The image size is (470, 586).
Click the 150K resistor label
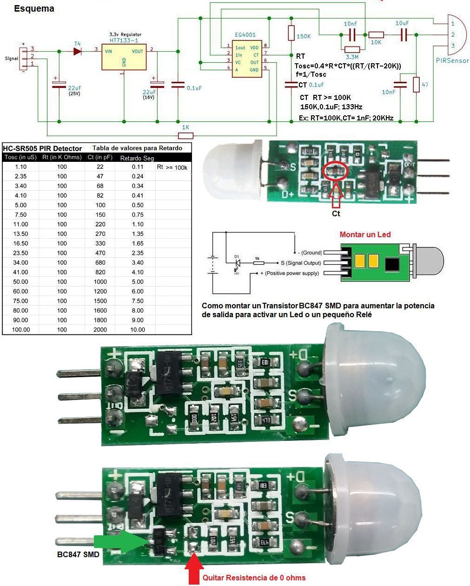tap(303, 37)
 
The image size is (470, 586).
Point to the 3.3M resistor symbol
tap(352, 49)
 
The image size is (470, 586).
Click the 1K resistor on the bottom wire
tap(185, 135)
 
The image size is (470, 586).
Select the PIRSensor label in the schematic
tap(452, 61)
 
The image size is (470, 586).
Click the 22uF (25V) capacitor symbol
tap(59, 84)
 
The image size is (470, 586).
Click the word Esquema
tap(34, 8)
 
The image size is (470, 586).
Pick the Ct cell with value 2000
tap(100, 329)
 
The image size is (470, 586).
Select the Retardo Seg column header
tap(137, 158)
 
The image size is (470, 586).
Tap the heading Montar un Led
tap(365, 234)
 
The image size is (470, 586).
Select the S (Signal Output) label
tap(300, 263)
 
